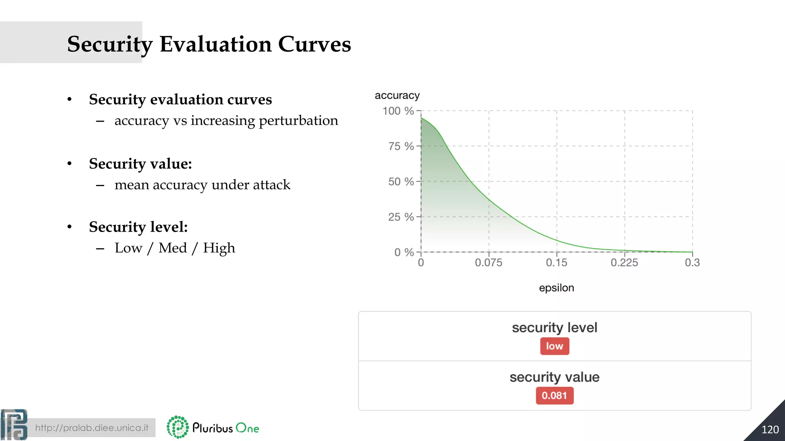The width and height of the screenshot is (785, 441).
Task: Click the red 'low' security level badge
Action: (554, 346)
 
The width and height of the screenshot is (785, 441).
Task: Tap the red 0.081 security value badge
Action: (554, 395)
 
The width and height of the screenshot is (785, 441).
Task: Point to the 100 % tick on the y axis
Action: (398, 111)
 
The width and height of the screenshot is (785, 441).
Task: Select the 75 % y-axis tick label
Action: (401, 146)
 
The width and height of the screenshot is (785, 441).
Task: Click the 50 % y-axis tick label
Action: (401, 181)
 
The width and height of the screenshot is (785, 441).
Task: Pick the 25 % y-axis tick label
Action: (401, 217)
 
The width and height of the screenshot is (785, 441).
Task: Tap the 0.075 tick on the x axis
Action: (488, 263)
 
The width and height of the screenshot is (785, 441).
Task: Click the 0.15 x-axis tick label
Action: (557, 263)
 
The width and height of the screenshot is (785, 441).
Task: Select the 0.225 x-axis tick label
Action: (624, 263)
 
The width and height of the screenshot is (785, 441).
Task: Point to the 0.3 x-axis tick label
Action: (692, 263)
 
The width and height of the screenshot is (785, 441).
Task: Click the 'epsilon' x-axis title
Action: (556, 288)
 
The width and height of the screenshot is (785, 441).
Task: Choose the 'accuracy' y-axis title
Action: (397, 95)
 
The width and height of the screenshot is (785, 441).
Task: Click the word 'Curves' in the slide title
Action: (314, 44)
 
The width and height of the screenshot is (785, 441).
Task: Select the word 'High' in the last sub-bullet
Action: (219, 248)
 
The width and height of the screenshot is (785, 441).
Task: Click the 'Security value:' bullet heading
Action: (140, 164)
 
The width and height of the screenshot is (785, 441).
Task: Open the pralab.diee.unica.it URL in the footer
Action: (92, 428)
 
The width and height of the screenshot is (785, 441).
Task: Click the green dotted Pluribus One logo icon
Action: (177, 427)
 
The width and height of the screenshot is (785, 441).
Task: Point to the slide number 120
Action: (770, 430)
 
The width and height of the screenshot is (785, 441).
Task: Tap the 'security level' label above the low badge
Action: (554, 328)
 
